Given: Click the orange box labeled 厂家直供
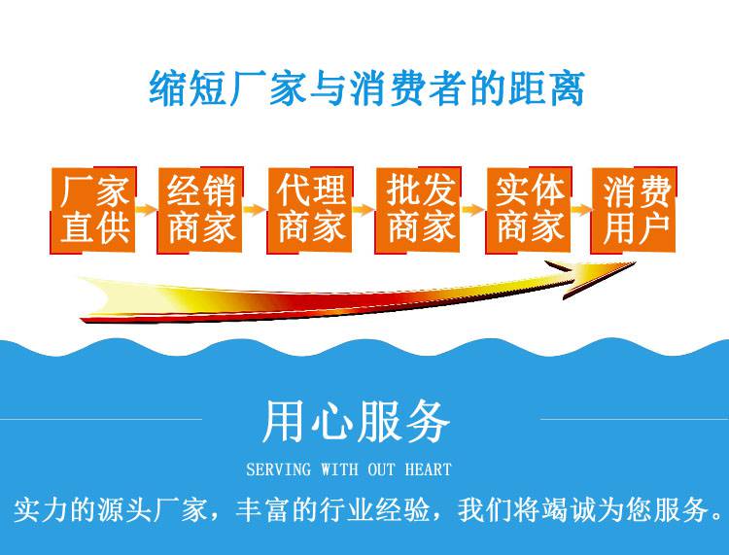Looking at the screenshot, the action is pos(93,211).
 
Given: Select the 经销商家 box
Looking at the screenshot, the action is pos(200,211).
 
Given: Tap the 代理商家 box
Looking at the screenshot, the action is pos(310,211).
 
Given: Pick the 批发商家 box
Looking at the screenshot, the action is pos(418,211).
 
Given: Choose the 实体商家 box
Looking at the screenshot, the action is pos(529,211).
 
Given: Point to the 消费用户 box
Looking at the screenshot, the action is pos(634,211).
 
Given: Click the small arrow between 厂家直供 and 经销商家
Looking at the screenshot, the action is pos(147,210).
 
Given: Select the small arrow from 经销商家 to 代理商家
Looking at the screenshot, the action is pos(255,210).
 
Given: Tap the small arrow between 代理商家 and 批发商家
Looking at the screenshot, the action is pos(364,210).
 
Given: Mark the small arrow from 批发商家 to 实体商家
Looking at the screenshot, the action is pos(473,210).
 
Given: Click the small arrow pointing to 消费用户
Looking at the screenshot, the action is pos(581,210).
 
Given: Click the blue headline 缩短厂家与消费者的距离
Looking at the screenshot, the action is pos(366,87).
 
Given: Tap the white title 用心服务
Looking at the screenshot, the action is pos(356,421).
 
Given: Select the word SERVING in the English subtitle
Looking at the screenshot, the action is pos(279,469).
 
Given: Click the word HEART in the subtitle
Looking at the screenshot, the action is pos(429,469).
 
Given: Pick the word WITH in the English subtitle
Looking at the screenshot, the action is pos(339,469).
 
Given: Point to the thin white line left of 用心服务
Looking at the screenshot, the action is pos(101,419).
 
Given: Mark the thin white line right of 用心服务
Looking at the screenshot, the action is pos(634,419).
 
